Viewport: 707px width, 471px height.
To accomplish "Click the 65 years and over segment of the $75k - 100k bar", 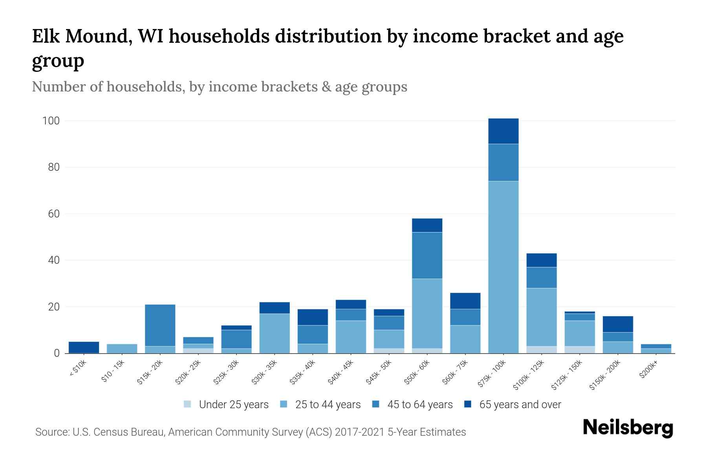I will coord(503,131).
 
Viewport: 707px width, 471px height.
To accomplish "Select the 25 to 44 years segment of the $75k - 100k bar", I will coord(503,267).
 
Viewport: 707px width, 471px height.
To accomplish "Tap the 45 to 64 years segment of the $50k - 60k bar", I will coord(427,256).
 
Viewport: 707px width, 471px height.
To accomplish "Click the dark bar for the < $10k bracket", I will coord(84,347).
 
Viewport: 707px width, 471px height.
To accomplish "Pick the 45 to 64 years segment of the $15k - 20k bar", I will coord(160,325).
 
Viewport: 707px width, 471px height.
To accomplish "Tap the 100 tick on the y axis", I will coord(51,121).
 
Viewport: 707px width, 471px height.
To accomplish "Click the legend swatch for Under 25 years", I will coord(188,404).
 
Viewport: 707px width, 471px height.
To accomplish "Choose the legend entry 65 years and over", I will coord(520,405).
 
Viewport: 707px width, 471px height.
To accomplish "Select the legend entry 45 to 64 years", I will coord(419,405).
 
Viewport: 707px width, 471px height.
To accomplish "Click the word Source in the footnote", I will coord(51,432).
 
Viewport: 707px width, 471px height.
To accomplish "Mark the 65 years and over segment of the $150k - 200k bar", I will coord(618,324).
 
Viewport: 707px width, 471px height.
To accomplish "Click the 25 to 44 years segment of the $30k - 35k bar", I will coord(275,333).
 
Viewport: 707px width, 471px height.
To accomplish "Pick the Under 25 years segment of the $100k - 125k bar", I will coord(541,350).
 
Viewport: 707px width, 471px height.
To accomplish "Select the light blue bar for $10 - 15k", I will coord(122,349).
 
